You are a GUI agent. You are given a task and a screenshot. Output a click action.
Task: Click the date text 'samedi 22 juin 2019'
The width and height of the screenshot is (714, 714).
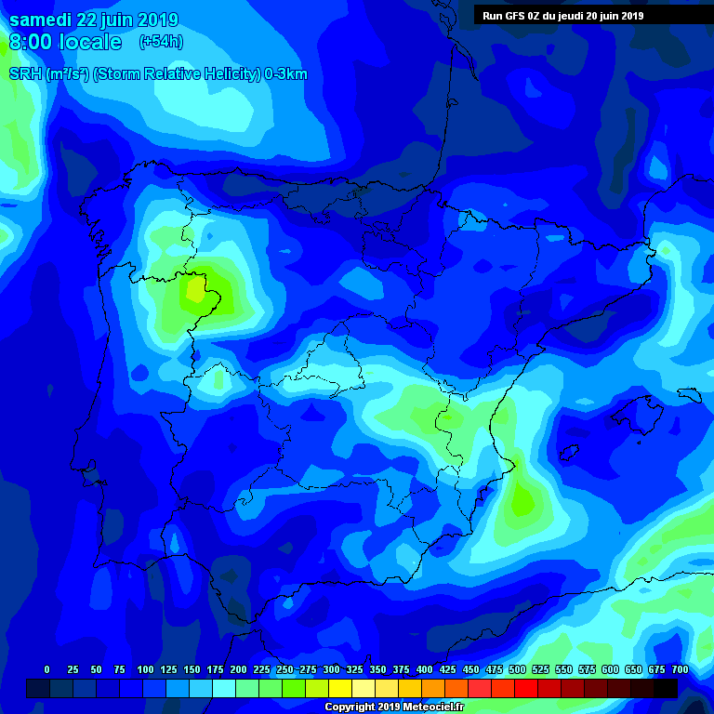click(x=93, y=20)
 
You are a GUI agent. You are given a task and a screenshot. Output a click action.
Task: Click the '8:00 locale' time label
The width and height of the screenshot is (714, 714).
click(x=65, y=42)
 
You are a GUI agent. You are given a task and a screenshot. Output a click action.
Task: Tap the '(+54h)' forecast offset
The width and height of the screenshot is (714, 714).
click(x=161, y=42)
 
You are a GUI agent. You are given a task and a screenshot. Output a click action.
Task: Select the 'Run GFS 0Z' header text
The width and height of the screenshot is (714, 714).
click(x=515, y=16)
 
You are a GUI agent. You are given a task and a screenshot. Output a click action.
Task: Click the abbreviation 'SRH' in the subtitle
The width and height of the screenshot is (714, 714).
click(x=24, y=74)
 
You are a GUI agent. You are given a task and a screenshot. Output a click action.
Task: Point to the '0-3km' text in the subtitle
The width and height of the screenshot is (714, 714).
click(x=285, y=74)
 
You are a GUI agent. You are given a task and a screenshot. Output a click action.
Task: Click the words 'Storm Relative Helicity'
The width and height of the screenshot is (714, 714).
click(x=177, y=74)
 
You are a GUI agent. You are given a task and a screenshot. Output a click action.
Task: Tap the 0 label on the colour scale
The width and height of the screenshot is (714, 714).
click(x=46, y=669)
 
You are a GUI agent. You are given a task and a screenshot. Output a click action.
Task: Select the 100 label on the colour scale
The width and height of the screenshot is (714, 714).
click(x=145, y=669)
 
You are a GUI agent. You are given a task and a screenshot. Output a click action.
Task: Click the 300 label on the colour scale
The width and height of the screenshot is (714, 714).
click(x=332, y=669)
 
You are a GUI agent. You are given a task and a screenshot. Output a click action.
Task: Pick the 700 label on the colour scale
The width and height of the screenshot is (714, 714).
click(x=680, y=669)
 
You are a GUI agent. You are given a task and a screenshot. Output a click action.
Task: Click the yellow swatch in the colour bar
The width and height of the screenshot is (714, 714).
click(x=340, y=688)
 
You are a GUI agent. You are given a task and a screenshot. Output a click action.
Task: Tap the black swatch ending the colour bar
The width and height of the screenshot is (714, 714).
click(x=666, y=688)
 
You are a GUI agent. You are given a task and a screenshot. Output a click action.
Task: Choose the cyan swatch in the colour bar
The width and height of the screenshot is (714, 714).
click(x=224, y=688)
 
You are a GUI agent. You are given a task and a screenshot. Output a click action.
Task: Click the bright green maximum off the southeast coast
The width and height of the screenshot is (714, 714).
click(x=522, y=502)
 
